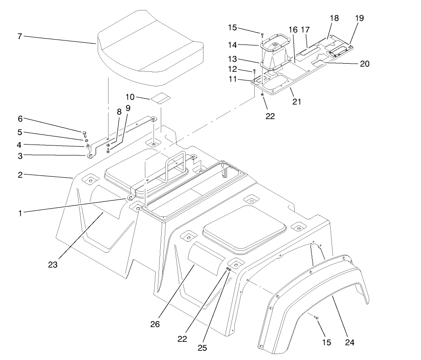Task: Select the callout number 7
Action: click(20, 36)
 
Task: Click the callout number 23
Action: click(53, 265)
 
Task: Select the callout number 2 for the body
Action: click(20, 174)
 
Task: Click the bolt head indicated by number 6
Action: click(84, 133)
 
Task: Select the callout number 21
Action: click(297, 101)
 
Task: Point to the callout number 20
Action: click(364, 64)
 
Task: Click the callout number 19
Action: click(359, 18)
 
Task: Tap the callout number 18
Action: click(334, 18)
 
